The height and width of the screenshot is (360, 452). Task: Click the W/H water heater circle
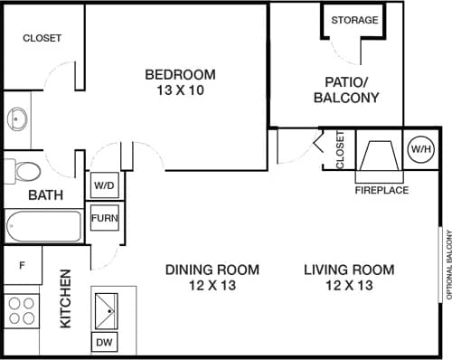tap(420, 148)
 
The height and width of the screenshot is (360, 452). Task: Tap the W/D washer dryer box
tap(104, 185)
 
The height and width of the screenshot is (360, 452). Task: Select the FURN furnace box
tap(104, 219)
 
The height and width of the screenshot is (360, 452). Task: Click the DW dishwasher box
tap(105, 342)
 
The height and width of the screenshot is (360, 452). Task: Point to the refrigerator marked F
tap(22, 267)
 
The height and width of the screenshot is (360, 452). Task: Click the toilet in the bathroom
tap(24, 171)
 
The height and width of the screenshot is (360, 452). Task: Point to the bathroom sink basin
tap(17, 118)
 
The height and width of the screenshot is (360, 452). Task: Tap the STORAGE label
tap(354, 20)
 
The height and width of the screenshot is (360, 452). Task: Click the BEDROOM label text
tap(181, 74)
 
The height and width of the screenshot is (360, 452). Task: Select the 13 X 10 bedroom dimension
tap(181, 90)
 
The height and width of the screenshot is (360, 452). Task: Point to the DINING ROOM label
tap(212, 270)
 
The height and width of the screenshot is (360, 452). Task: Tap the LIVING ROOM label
tap(349, 270)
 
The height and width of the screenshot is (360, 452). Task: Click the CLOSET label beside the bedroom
tap(42, 38)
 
